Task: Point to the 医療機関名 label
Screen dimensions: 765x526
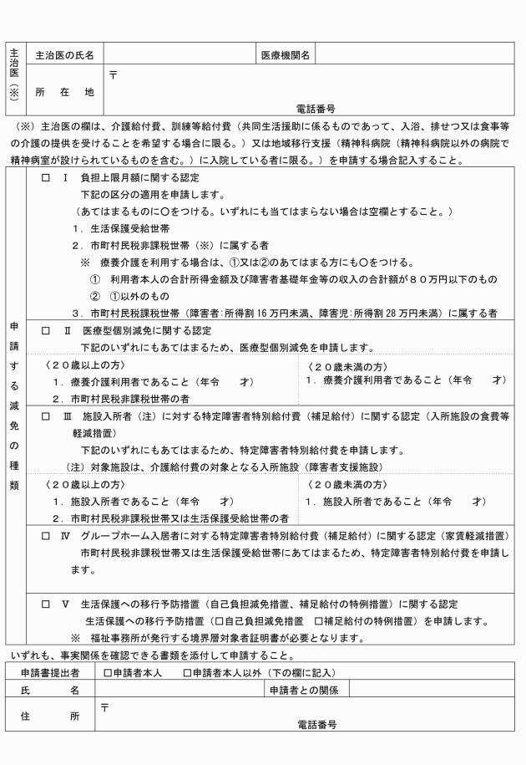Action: tap(286, 56)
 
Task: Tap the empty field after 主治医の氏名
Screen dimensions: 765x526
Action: tap(179, 56)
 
